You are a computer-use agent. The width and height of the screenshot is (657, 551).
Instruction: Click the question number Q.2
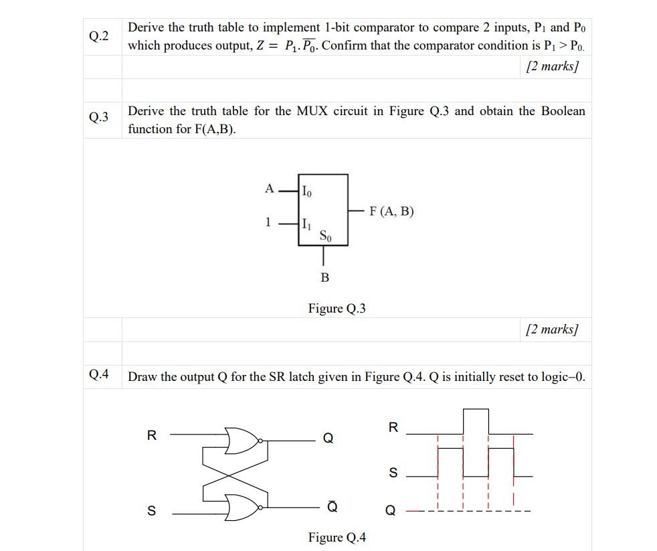tap(98, 36)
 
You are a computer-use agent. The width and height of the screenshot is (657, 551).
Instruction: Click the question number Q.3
tap(98, 118)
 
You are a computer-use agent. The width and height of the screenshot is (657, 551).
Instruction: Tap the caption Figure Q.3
tap(337, 309)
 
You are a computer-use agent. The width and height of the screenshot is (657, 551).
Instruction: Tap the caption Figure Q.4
tap(337, 538)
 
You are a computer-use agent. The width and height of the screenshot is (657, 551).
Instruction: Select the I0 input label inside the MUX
tap(306, 191)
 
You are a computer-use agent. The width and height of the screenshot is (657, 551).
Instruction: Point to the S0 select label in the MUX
tap(324, 236)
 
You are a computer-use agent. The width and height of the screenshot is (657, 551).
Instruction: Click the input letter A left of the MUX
tap(269, 189)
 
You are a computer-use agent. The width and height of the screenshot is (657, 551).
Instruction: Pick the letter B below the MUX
tap(324, 277)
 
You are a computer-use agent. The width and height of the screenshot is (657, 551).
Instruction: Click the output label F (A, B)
tap(391, 212)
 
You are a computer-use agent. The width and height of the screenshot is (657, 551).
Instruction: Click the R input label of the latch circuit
tap(151, 435)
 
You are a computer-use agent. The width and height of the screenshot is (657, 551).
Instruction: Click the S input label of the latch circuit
tap(151, 511)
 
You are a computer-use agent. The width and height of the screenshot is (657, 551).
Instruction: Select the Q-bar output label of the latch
tap(332, 507)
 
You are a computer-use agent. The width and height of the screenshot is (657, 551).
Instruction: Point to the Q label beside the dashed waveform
tap(391, 511)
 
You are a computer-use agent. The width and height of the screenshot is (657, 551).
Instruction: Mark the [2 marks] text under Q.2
tap(552, 66)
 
